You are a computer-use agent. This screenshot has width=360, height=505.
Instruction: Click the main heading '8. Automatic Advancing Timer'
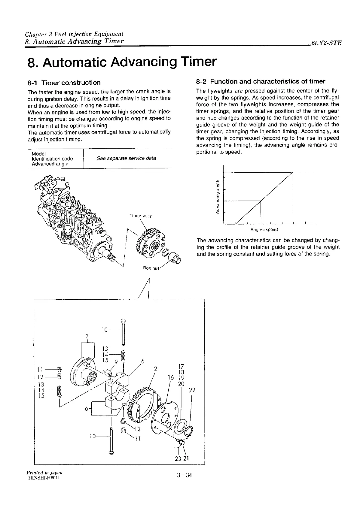click(x=122, y=62)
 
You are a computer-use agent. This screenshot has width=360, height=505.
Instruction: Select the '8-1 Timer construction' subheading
click(x=64, y=83)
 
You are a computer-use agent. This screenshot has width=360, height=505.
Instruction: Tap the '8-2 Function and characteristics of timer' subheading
click(x=261, y=81)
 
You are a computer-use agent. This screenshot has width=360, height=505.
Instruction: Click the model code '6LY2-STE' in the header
click(x=326, y=43)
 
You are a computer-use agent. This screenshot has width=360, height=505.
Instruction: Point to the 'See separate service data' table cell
click(x=126, y=158)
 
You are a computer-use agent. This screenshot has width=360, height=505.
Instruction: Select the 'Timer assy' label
click(x=140, y=216)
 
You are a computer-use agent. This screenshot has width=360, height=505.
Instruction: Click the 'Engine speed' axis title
click(x=264, y=230)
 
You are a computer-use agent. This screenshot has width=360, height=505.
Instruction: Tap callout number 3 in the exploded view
click(x=87, y=337)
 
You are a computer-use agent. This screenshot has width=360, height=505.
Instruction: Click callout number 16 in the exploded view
click(x=171, y=378)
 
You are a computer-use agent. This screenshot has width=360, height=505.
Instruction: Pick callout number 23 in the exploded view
click(x=178, y=458)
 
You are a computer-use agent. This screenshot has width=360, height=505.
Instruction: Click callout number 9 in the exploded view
click(x=116, y=361)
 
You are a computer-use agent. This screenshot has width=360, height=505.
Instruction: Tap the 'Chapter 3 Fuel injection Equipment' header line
click(x=74, y=34)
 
